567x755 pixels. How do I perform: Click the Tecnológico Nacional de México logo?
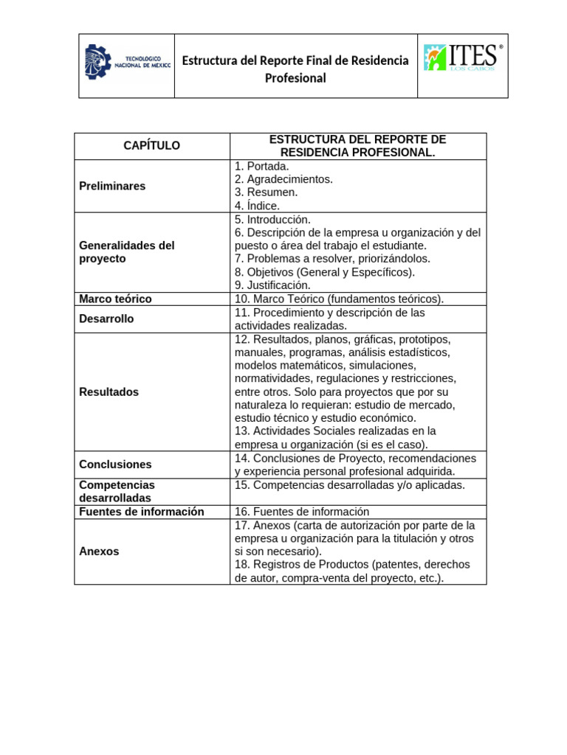pos(127,64)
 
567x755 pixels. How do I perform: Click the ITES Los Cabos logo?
pos(463,58)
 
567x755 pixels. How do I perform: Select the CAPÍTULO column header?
pos(151,146)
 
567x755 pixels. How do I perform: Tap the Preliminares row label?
pos(112,186)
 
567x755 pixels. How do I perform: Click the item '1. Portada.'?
pos(261,167)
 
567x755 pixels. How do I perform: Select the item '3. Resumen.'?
pos(266,192)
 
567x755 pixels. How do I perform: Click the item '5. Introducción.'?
pos(272,219)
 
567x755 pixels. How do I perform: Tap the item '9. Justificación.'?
pos(272,285)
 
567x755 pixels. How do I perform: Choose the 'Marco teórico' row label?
pos(115,299)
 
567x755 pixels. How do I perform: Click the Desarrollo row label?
pos(106,319)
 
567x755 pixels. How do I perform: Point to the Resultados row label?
pos(109,392)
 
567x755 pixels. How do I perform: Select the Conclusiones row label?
pos(115,465)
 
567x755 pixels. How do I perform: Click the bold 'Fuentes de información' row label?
pos(141,512)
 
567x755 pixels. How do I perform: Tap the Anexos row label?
pos(99,551)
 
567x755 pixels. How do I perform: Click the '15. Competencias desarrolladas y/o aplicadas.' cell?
pos(349,485)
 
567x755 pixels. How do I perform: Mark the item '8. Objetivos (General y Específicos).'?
pos(325,272)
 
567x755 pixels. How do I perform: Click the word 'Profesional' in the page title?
pos(295,78)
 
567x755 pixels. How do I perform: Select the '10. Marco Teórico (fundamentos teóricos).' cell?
pos(339,299)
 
